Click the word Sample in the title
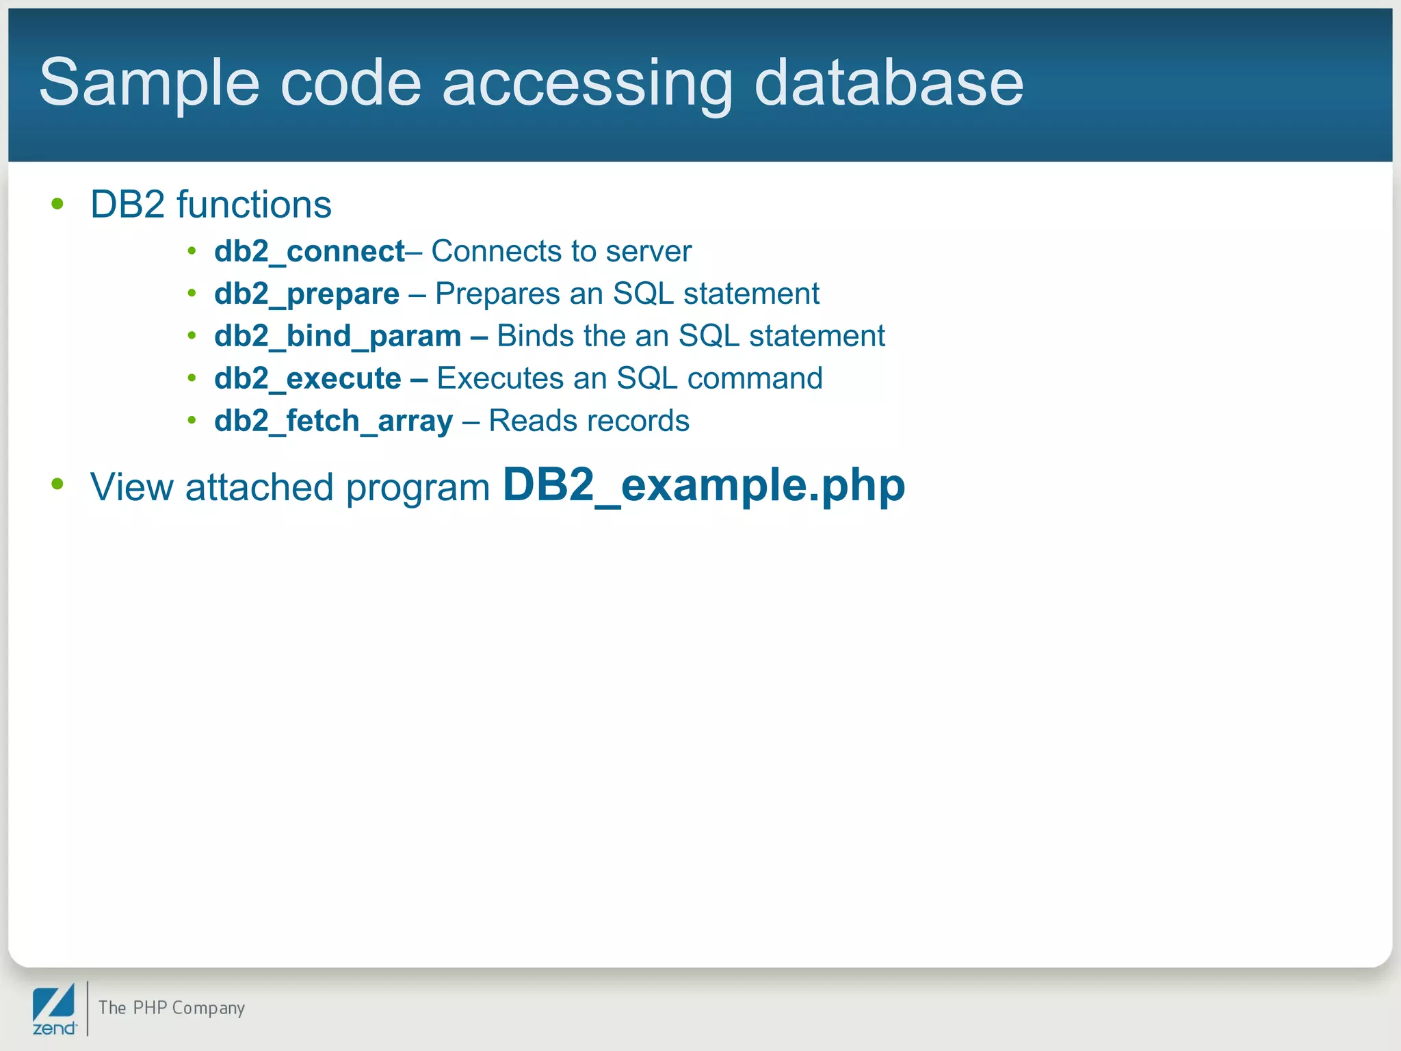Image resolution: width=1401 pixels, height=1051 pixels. point(149,83)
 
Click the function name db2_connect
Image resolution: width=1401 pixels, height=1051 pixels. point(309,252)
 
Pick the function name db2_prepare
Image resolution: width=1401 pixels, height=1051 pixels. point(306,294)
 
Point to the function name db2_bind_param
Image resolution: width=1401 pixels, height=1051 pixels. point(337,337)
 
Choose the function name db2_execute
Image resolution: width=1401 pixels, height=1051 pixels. point(307,378)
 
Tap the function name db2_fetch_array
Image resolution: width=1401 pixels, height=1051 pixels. point(333,421)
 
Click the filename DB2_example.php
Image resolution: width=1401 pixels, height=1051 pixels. point(704,486)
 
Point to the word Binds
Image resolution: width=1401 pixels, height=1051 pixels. point(535,336)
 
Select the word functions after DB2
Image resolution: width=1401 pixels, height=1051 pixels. point(254,205)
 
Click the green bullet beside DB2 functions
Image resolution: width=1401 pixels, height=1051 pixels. point(57,203)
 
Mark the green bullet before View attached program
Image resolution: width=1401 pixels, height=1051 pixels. point(57,484)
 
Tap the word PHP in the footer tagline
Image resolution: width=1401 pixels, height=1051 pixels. point(150,1008)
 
